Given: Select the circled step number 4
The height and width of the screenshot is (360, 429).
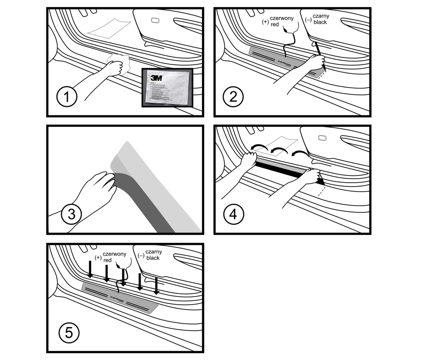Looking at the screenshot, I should tap(233, 214).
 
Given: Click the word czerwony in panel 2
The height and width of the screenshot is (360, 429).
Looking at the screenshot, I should tap(281, 18).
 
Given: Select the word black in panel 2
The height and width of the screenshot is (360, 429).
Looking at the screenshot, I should tap(320, 22).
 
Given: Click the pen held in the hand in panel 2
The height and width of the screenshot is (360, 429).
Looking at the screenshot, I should tap(319, 50).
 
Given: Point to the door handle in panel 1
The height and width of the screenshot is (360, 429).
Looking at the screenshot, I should tap(155, 20).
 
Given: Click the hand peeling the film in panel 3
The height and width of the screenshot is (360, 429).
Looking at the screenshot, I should tap(98, 185).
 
